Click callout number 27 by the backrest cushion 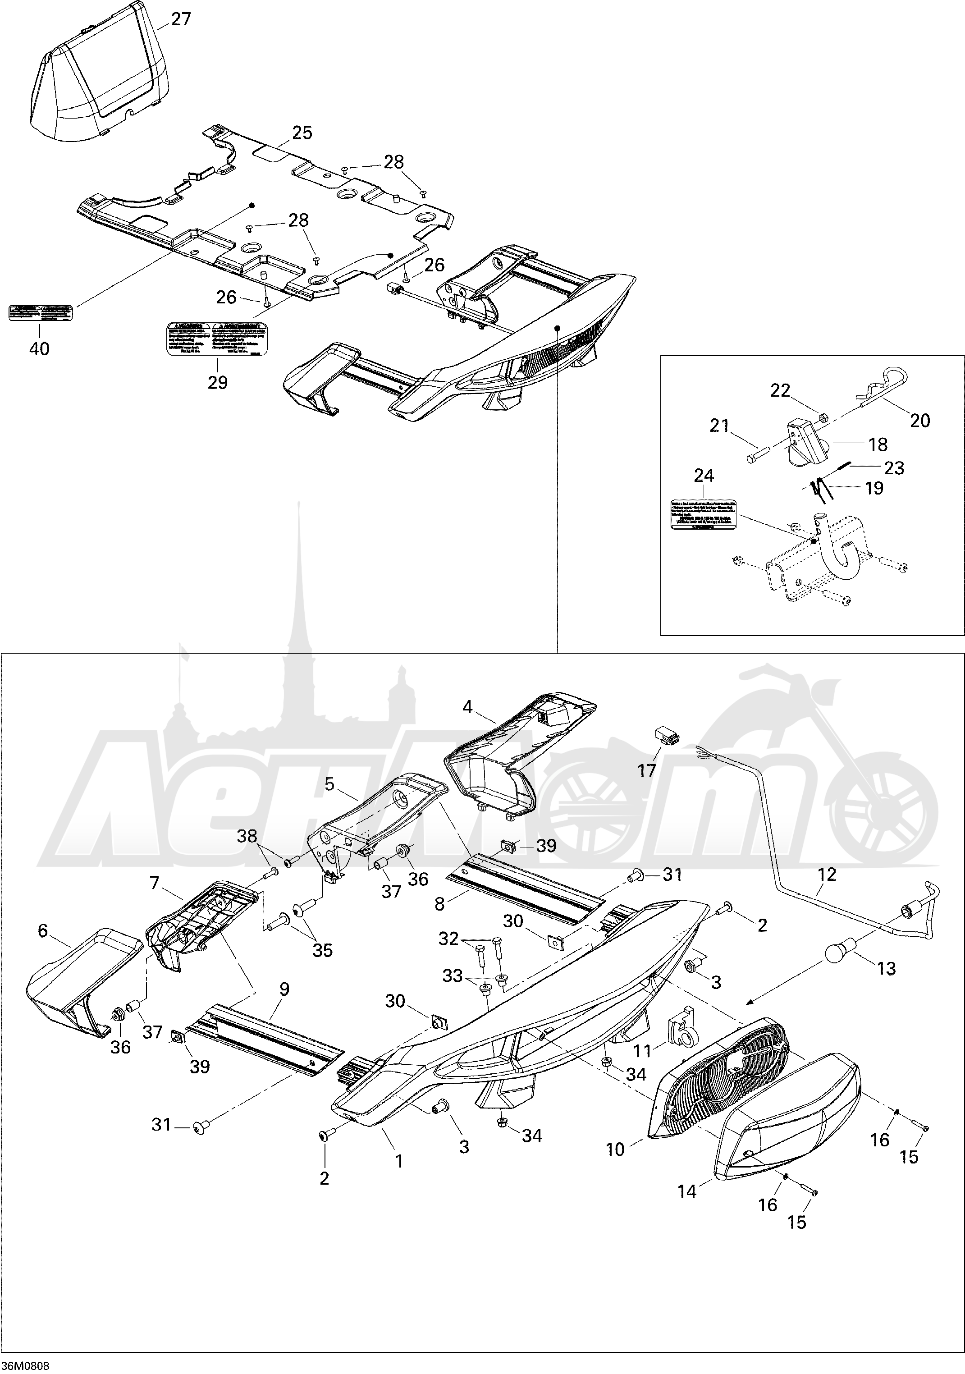[181, 20]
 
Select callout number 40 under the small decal [40, 348]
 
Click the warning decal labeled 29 [216, 339]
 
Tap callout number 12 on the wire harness [827, 875]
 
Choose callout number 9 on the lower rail [284, 989]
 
